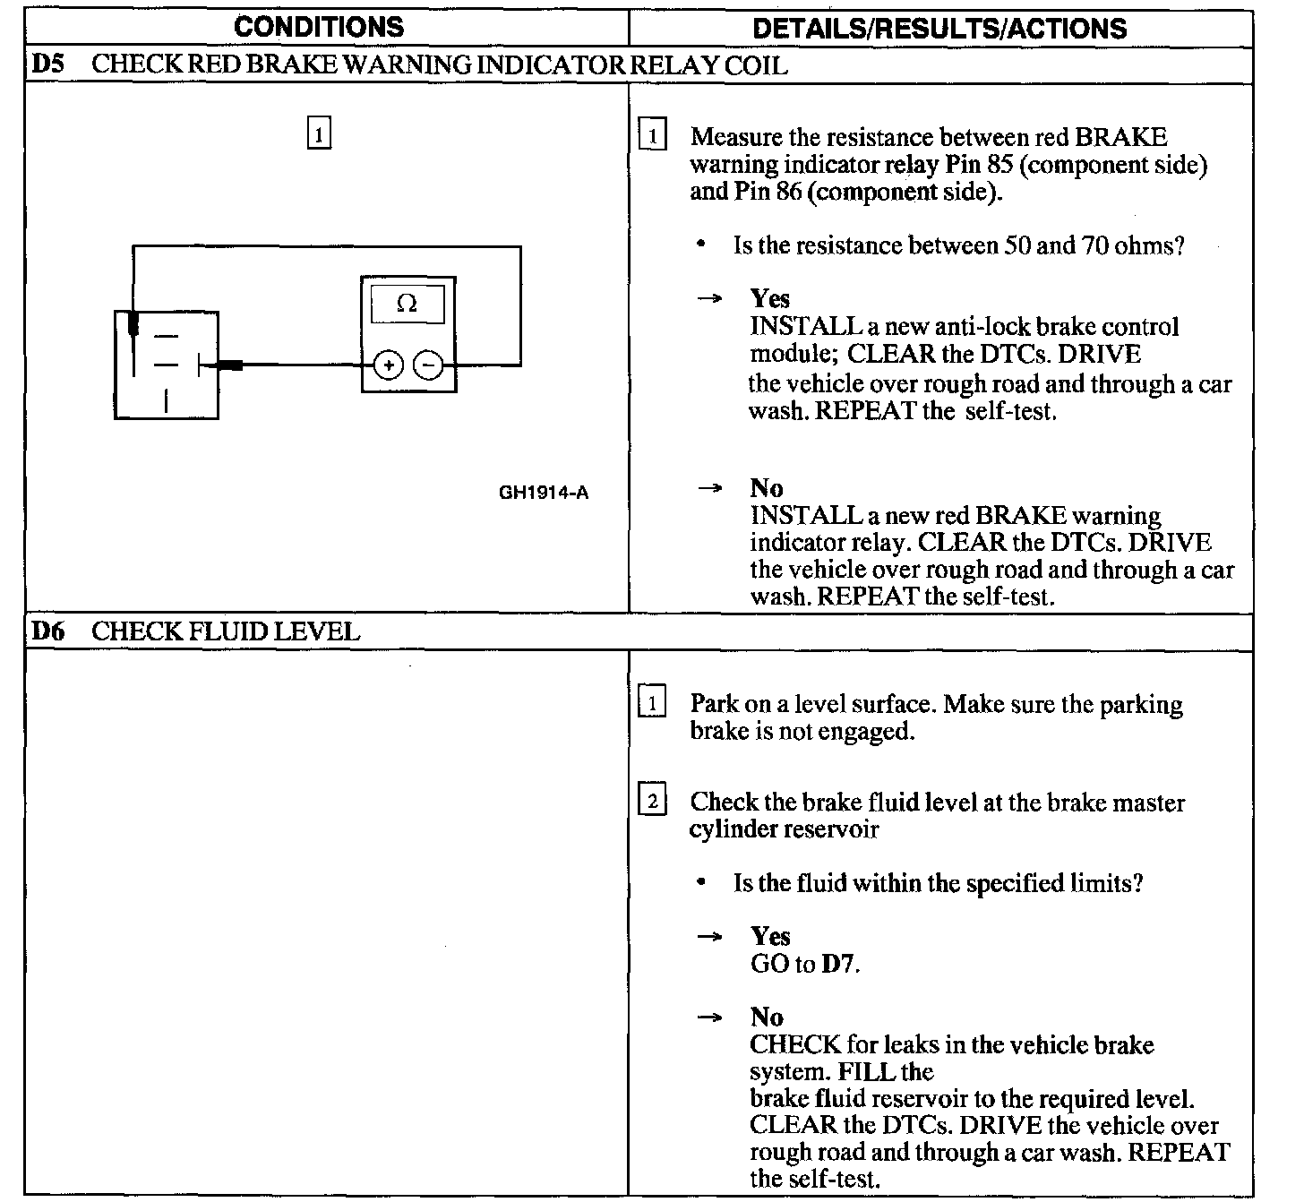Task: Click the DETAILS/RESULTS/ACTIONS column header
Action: (939, 29)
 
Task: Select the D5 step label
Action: (47, 65)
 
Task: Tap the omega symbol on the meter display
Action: (407, 305)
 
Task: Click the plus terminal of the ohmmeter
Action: (388, 365)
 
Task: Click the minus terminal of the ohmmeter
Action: (429, 365)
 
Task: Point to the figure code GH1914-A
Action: (544, 493)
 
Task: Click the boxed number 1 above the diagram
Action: (320, 133)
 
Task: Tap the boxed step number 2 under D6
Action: (651, 801)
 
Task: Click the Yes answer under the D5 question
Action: (769, 298)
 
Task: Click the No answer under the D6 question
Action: (767, 1017)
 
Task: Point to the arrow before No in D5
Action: (709, 488)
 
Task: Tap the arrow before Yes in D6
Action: (709, 937)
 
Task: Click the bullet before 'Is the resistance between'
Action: (701, 245)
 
